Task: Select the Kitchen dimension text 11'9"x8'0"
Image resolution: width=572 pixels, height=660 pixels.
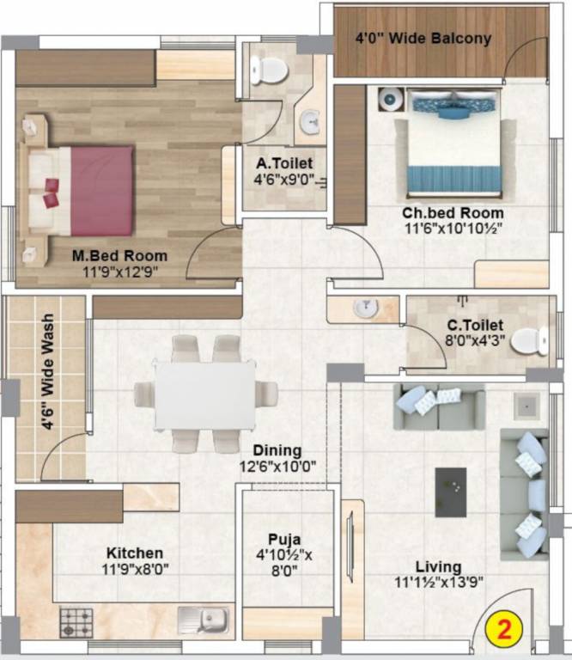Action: coord(135,568)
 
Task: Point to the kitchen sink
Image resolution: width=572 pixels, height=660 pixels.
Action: coord(207,619)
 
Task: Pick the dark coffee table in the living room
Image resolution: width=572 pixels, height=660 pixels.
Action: coord(450,492)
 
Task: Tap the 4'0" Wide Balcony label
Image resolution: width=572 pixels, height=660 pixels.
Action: coord(423,38)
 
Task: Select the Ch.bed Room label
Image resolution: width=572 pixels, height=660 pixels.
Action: coord(453,213)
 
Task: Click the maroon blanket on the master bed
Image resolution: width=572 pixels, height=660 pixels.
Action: coord(101,190)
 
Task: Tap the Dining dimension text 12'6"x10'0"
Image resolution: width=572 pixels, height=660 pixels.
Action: coord(277,467)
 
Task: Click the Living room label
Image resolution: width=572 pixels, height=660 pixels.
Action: coord(438,567)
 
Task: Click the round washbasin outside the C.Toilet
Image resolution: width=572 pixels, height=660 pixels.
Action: coord(366,307)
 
